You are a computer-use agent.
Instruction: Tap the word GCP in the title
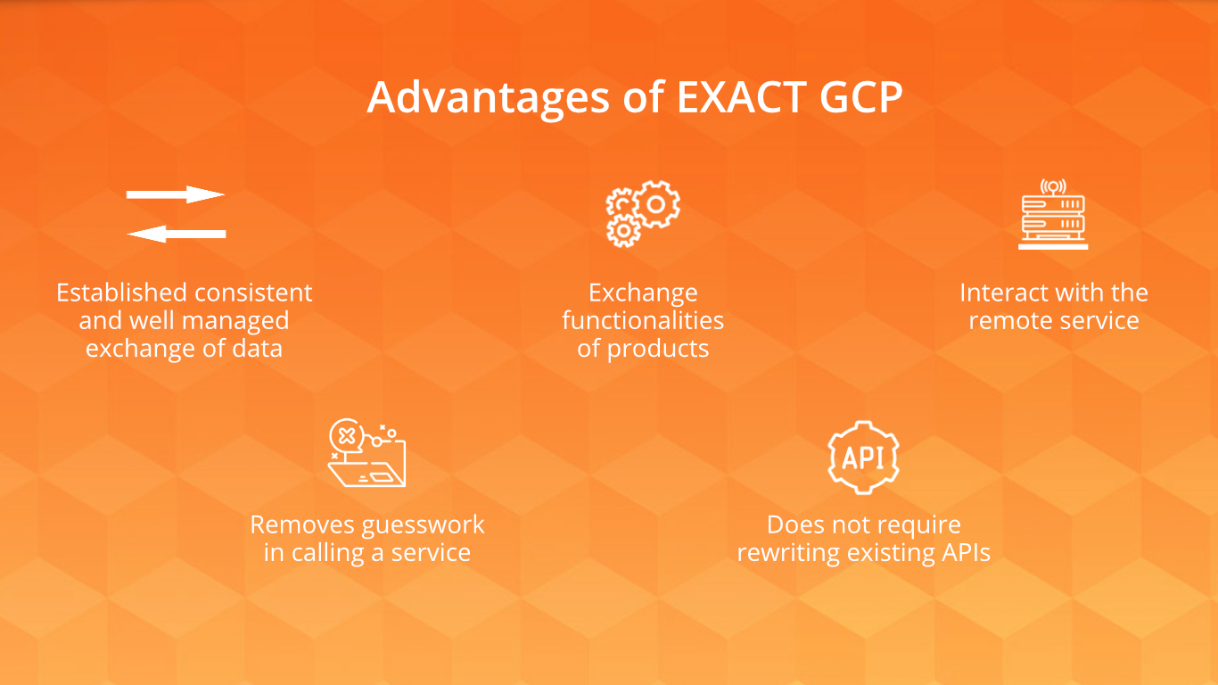(860, 97)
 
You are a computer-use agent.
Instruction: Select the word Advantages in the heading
(489, 99)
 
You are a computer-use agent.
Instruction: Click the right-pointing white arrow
(175, 194)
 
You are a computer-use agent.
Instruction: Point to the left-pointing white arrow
(177, 234)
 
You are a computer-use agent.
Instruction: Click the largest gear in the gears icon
(656, 204)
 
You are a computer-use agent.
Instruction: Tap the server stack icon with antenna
(1053, 214)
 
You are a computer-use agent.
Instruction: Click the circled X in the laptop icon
(347, 436)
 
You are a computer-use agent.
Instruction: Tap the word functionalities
(643, 320)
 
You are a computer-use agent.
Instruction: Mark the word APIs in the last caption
(967, 553)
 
